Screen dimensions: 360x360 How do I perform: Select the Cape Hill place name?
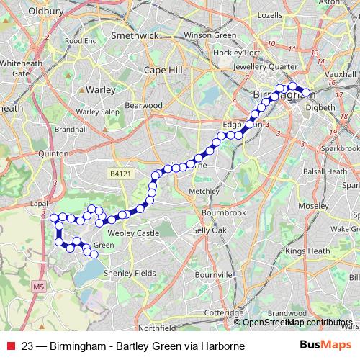click(x=163, y=70)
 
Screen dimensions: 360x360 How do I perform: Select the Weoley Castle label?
click(x=132, y=233)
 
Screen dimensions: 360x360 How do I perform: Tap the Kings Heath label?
click(x=307, y=251)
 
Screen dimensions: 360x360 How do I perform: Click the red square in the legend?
click(x=11, y=346)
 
